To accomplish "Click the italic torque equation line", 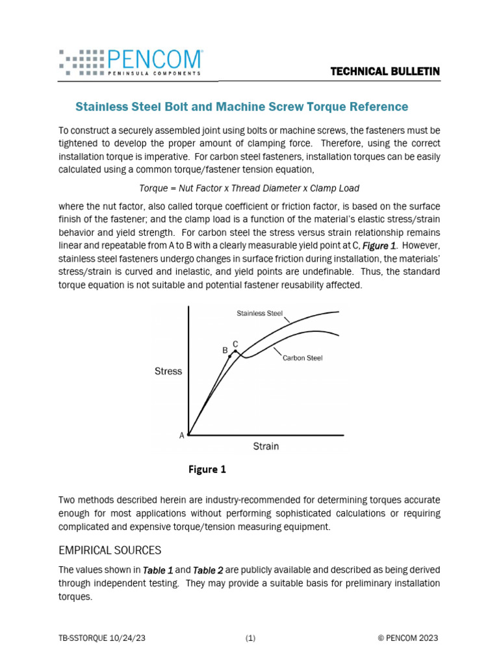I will pyautogui.click(x=249, y=188).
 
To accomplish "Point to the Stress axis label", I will pyautogui.click(x=168, y=371).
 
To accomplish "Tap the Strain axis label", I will pyautogui.click(x=266, y=446).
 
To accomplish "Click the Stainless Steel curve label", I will pyautogui.click(x=259, y=314).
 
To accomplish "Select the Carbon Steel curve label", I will pyautogui.click(x=302, y=358).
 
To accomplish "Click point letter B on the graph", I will pyautogui.click(x=225, y=350).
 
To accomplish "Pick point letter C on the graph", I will pyautogui.click(x=235, y=344).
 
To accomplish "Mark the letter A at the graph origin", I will pyautogui.click(x=182, y=436).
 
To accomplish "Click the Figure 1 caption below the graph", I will pyautogui.click(x=207, y=470).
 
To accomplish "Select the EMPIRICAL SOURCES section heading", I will pyautogui.click(x=110, y=551).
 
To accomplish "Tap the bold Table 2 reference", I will pyautogui.click(x=206, y=570).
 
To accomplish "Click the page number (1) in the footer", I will pyautogui.click(x=250, y=638).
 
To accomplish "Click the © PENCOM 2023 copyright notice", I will pyautogui.click(x=407, y=638).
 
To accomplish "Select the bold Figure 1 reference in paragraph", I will pyautogui.click(x=379, y=247).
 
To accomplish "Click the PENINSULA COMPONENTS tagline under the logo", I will pyautogui.click(x=146, y=73).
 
